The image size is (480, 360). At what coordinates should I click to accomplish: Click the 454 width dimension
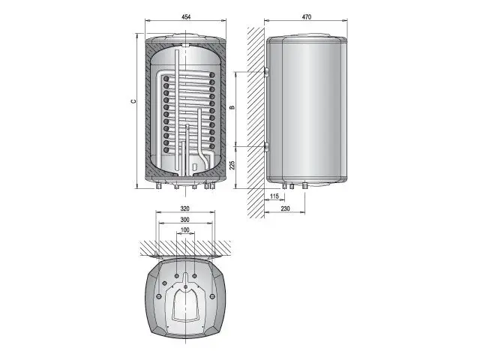point(186,16)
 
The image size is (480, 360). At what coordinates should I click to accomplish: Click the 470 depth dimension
point(307,16)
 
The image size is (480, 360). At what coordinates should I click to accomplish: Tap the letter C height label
point(133,101)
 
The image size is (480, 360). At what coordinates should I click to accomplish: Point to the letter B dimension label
point(232,107)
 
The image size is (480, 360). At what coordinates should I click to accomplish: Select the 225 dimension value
point(232,165)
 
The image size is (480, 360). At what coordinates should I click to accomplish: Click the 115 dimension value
point(274,196)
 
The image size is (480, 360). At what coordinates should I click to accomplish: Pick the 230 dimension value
point(285,208)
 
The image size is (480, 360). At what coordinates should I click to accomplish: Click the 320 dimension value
point(185,208)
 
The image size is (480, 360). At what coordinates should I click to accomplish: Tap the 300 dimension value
point(185,220)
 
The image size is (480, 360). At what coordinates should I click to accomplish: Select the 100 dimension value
point(185,230)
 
